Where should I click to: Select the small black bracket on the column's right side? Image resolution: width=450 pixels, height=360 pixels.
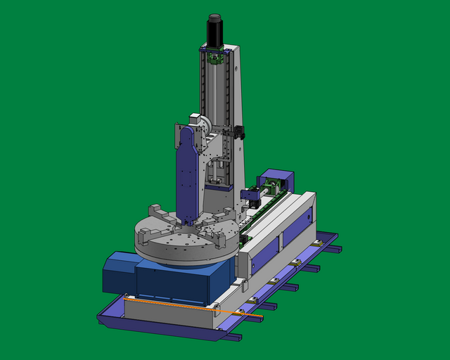pyautogui.click(x=240, y=131)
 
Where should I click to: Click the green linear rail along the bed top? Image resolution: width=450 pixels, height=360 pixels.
pyautogui.click(x=267, y=211)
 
